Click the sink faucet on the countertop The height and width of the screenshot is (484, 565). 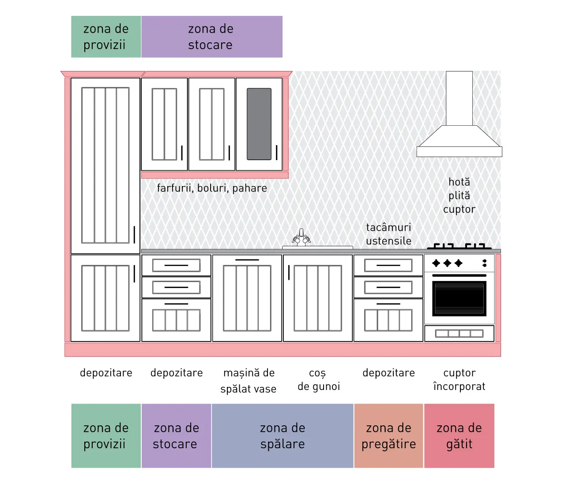click(x=301, y=237)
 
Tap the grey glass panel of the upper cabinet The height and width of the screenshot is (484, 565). click(x=259, y=124)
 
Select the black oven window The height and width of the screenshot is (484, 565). click(x=459, y=298)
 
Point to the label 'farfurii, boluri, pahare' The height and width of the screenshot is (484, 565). click(x=212, y=188)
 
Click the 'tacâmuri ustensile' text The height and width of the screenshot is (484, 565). click(x=388, y=234)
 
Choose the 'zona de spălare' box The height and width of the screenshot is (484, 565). click(x=282, y=435)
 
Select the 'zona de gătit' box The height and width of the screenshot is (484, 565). click(x=459, y=435)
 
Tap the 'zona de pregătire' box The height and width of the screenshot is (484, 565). click(x=388, y=435)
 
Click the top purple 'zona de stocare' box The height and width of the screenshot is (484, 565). click(x=212, y=37)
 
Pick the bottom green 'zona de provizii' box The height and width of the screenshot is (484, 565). click(x=106, y=435)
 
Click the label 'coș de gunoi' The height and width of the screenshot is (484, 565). click(x=318, y=379)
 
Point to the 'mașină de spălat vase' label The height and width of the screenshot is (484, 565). click(x=249, y=381)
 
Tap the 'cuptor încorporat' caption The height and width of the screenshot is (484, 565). click(x=459, y=379)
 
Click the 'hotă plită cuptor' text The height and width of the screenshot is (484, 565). click(x=459, y=196)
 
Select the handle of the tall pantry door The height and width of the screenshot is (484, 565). click(x=134, y=234)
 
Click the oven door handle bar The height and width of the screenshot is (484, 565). click(x=459, y=275)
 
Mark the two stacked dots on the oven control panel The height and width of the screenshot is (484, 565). click(x=484, y=263)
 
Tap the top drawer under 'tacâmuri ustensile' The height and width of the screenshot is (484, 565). click(x=388, y=265)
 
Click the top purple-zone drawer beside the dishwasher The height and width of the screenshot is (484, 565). click(x=176, y=265)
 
